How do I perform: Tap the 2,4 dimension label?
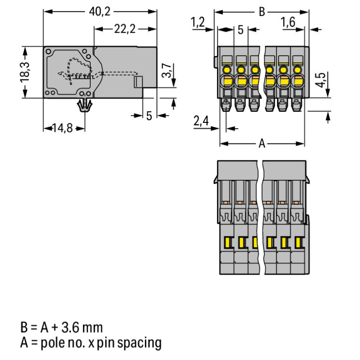(201, 121)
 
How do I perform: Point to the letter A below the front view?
(262, 143)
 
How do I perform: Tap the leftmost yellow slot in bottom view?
(228, 242)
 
